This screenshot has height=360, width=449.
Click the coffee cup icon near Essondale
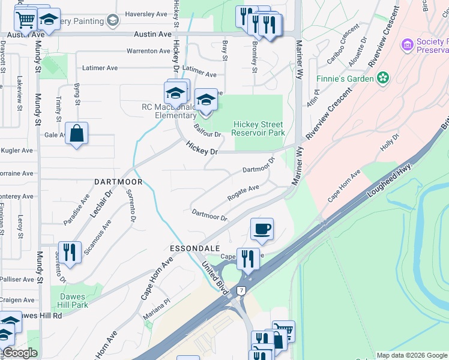(x=262, y=229)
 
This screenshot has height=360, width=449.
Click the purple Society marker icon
(x=408, y=45)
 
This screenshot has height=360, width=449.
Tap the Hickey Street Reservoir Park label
(x=258, y=128)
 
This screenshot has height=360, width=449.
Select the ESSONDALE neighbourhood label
(x=194, y=248)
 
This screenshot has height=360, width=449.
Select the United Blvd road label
(x=215, y=277)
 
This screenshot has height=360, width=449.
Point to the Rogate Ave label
(x=243, y=192)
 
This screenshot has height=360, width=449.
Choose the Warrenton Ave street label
(x=148, y=51)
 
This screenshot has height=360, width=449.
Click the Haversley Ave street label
(x=146, y=13)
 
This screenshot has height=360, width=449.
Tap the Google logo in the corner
(x=20, y=353)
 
